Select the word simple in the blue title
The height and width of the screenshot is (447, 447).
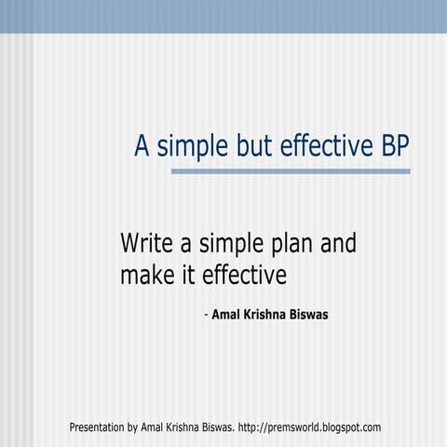tap(187, 147)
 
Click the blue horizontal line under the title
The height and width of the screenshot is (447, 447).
tap(291, 171)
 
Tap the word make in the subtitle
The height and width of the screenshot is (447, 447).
tap(145, 275)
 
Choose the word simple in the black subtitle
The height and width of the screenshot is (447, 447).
tap(223, 245)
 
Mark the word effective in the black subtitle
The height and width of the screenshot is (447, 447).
tap(244, 275)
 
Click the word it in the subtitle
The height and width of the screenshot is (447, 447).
tap(186, 275)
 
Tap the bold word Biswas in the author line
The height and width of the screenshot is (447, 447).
tap(310, 315)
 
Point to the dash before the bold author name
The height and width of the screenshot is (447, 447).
tap(206, 315)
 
